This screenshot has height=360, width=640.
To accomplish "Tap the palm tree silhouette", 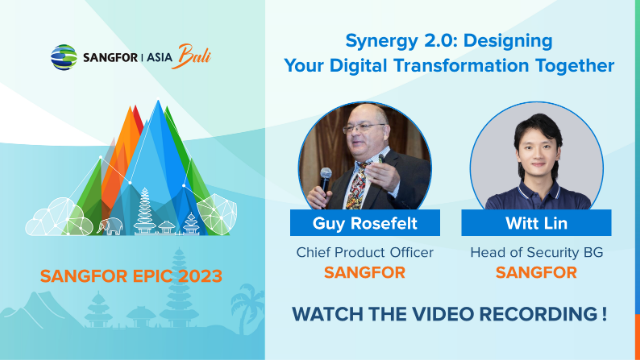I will click(242, 300).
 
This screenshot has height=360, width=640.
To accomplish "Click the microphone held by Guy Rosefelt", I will click(326, 178).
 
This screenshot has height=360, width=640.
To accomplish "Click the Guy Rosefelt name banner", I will click(353, 223).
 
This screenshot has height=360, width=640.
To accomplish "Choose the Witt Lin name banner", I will click(537, 223).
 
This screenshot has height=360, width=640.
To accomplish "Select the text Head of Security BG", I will click(537, 253).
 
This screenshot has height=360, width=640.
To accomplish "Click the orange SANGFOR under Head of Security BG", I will click(537, 273).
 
